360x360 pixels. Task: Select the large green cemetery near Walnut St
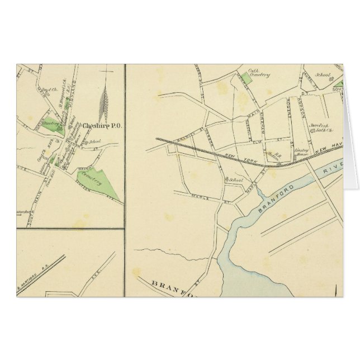93,179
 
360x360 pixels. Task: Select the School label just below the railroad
234,180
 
